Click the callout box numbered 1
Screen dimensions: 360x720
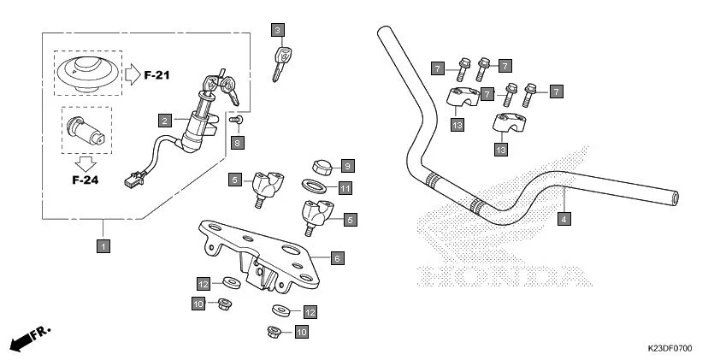click(x=103, y=246)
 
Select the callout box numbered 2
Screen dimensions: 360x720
click(x=163, y=121)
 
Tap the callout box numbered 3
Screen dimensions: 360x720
click(x=276, y=31)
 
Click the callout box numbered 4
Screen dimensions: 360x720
click(x=564, y=219)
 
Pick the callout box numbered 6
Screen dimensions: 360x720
click(x=337, y=257)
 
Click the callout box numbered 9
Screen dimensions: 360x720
click(x=347, y=164)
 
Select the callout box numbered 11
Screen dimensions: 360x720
click(x=345, y=188)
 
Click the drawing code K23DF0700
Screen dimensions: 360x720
click(x=669, y=349)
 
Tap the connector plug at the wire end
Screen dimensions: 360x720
click(x=131, y=181)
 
